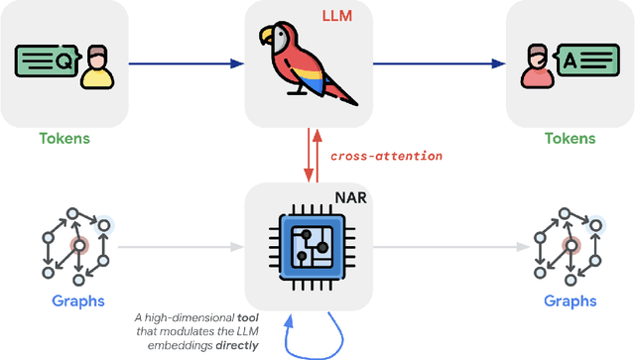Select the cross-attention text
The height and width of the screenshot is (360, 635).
coord(386,156)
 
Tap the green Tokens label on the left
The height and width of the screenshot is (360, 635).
coord(64,139)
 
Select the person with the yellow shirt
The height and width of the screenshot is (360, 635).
coord(96,66)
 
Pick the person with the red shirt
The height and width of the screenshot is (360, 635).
coord(535,66)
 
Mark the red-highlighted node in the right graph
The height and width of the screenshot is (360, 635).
coord(570,244)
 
